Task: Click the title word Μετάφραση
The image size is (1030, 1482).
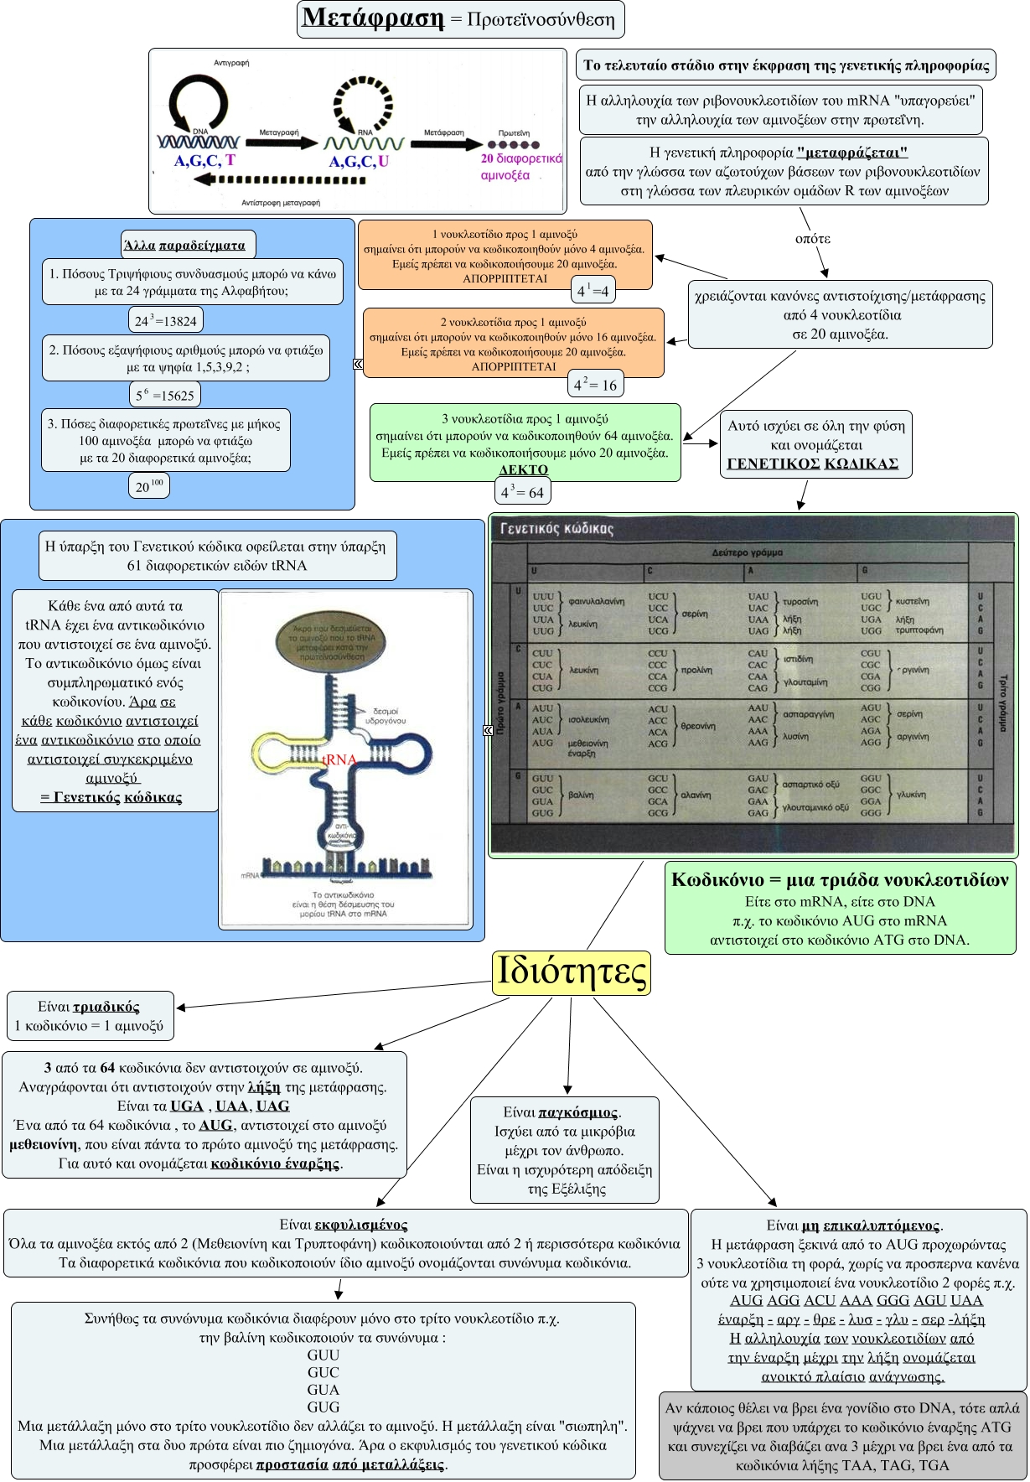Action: pyautogui.click(x=373, y=18)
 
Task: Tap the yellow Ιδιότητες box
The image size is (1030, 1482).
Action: pyautogui.click(x=572, y=972)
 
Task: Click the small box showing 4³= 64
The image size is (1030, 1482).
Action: pyautogui.click(x=523, y=492)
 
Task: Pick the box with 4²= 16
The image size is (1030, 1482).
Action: pyautogui.click(x=595, y=384)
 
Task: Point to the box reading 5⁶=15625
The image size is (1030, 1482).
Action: pyautogui.click(x=164, y=395)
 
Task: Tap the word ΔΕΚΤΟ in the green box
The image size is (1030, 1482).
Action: pyautogui.click(x=523, y=469)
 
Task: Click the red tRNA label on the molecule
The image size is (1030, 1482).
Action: pyautogui.click(x=340, y=759)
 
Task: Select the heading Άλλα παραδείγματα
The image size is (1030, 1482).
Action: pyautogui.click(x=184, y=246)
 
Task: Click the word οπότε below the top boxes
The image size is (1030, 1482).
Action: pyautogui.click(x=812, y=238)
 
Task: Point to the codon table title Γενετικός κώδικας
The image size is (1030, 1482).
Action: pyautogui.click(x=556, y=529)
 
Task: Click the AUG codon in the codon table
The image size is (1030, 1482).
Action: pyautogui.click(x=542, y=743)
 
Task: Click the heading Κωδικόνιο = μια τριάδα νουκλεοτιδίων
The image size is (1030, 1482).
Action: pyautogui.click(x=840, y=879)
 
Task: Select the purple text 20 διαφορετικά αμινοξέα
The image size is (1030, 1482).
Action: pyautogui.click(x=520, y=166)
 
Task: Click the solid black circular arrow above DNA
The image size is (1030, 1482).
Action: pyautogui.click(x=199, y=103)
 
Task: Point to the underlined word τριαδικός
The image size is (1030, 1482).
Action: pyautogui.click(x=106, y=1007)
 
